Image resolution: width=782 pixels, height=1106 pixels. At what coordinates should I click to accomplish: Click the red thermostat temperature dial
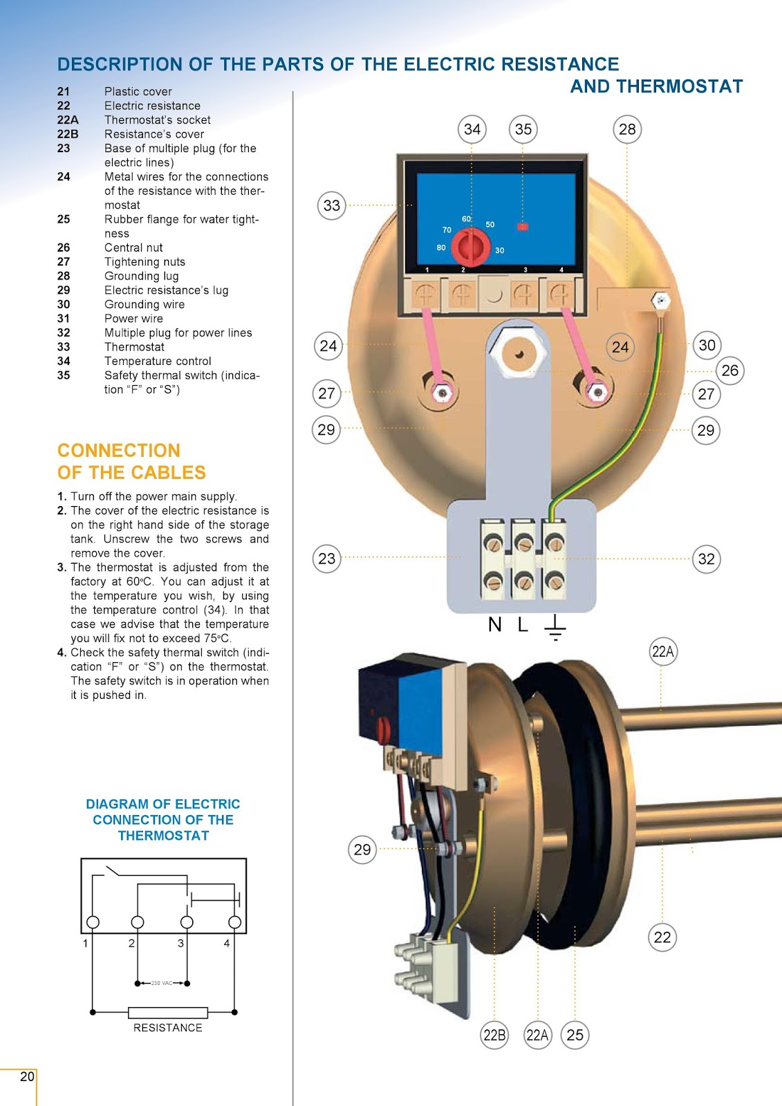tap(471, 246)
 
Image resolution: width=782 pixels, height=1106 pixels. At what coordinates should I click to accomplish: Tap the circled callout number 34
tap(472, 129)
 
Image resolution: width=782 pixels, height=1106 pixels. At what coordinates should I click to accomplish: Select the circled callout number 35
tap(523, 129)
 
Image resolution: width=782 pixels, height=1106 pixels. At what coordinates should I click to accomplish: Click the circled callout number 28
tap(627, 129)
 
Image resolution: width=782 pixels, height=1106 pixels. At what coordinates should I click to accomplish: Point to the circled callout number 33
tap(332, 205)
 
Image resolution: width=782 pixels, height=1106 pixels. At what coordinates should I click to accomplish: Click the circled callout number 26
tap(729, 371)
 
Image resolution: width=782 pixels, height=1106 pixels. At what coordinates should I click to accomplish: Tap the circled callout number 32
tap(706, 559)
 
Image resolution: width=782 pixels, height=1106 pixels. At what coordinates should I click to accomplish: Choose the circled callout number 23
tap(327, 559)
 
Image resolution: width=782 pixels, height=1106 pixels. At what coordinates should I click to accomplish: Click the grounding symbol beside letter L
tap(555, 626)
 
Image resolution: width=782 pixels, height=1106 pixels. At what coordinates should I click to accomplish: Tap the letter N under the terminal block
tap(494, 625)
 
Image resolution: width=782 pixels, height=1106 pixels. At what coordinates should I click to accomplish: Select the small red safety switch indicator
tap(523, 226)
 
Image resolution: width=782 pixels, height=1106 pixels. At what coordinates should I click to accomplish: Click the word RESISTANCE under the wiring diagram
tap(168, 1028)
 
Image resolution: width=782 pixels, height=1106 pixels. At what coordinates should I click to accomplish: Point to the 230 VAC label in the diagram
tap(162, 983)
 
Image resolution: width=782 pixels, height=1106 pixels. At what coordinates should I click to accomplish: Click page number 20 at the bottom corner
tap(27, 1076)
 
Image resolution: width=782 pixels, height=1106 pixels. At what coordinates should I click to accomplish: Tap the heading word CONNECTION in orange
tap(119, 451)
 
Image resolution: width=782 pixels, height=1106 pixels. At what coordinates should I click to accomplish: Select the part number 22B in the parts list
tap(68, 134)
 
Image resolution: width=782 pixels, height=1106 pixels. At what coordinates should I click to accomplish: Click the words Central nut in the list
tap(133, 247)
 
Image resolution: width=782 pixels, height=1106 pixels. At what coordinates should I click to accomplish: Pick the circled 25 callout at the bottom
tap(575, 1035)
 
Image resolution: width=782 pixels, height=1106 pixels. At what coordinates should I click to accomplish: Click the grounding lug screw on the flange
tap(661, 301)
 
